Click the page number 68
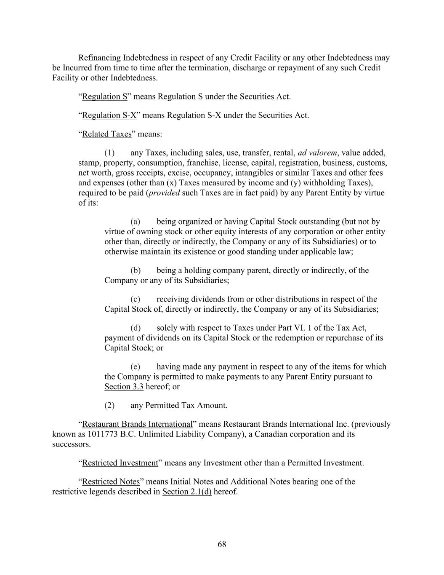coord(222,544)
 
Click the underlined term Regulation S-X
coord(109,115)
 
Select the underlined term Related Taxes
coord(107,134)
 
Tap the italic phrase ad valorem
coord(317,152)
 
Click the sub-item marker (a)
coord(135,222)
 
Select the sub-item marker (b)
coord(135,270)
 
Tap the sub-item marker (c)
coord(135,299)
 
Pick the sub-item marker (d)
coord(135,328)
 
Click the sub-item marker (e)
coord(135,366)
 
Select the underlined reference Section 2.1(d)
coord(187,492)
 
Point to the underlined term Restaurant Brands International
coord(137,424)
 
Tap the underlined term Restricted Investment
coord(120,463)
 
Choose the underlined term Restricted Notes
coord(111,481)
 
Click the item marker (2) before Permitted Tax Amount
coord(109,406)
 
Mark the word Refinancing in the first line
coord(98,58)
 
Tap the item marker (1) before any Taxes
coord(109,152)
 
